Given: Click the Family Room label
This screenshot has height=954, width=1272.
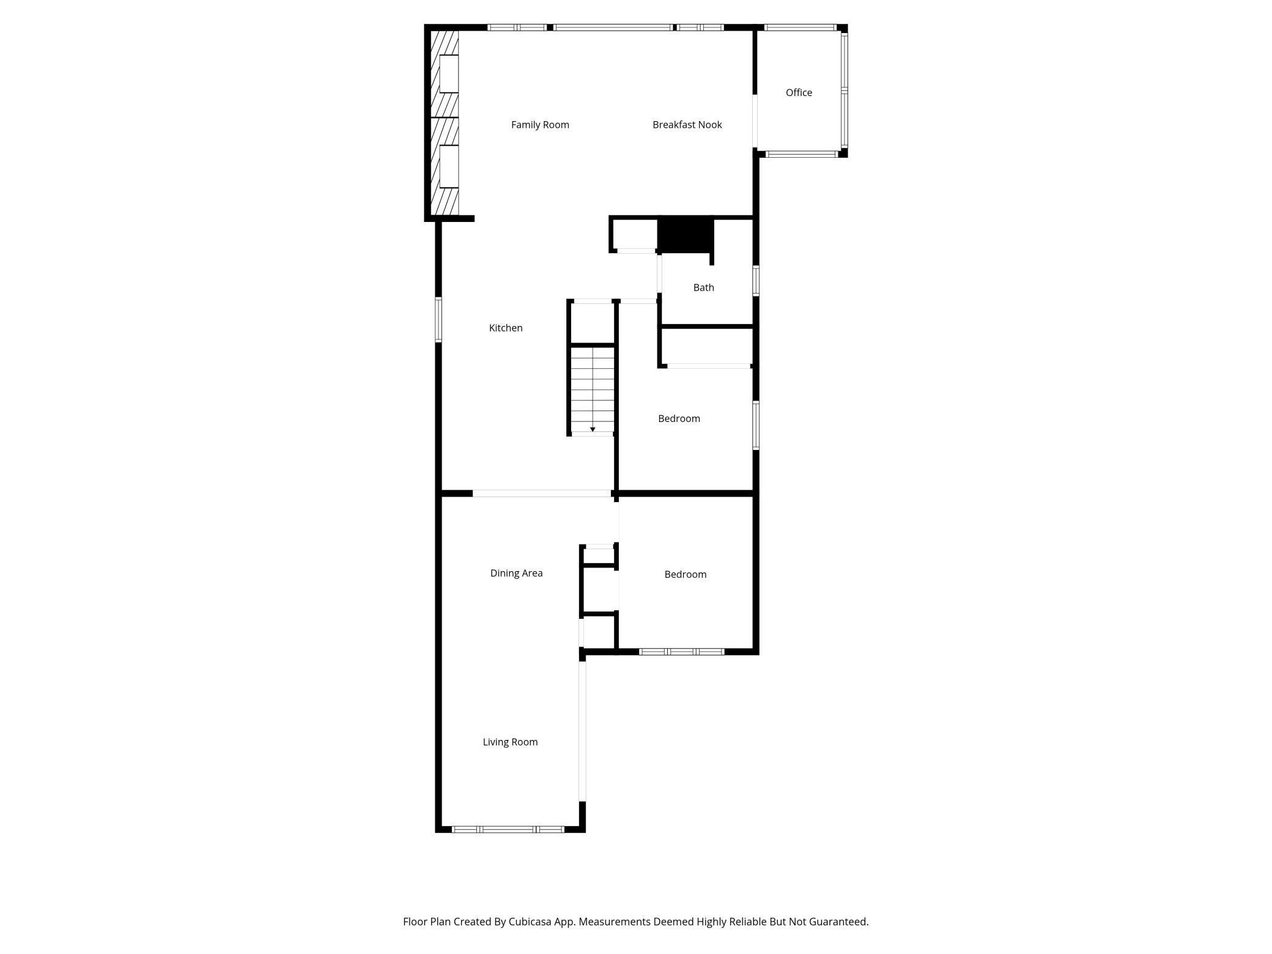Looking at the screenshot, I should pyautogui.click(x=540, y=125).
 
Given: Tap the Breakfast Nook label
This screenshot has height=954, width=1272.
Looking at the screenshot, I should pyautogui.click(x=687, y=125).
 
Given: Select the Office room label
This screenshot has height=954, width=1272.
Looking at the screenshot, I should pyautogui.click(x=799, y=93).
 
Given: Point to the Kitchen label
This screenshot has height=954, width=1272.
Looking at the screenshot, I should pyautogui.click(x=506, y=328).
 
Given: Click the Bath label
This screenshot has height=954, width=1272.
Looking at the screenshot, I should pyautogui.click(x=703, y=287).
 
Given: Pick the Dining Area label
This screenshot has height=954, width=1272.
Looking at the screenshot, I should pyautogui.click(x=516, y=574).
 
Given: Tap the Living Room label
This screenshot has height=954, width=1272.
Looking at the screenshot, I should pyautogui.click(x=510, y=742).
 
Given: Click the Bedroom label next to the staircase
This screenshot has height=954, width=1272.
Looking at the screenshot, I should pyautogui.click(x=679, y=419).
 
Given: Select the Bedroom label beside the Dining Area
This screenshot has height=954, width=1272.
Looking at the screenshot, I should pyautogui.click(x=685, y=575).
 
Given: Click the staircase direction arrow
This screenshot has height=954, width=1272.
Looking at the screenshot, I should pyautogui.click(x=593, y=429).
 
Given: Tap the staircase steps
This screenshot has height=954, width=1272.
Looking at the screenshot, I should pyautogui.click(x=592, y=385).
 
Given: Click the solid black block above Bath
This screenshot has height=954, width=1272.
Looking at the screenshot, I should pyautogui.click(x=685, y=234).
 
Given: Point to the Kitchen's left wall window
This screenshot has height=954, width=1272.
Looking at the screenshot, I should pyautogui.click(x=438, y=319).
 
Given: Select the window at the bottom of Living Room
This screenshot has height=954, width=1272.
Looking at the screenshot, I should pyautogui.click(x=508, y=829).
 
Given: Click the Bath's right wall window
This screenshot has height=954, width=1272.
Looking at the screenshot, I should pyautogui.click(x=756, y=281).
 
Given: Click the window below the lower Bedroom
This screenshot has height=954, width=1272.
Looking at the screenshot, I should pyautogui.click(x=681, y=652).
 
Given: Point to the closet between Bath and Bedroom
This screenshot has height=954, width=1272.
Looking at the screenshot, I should pyautogui.click(x=707, y=347).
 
